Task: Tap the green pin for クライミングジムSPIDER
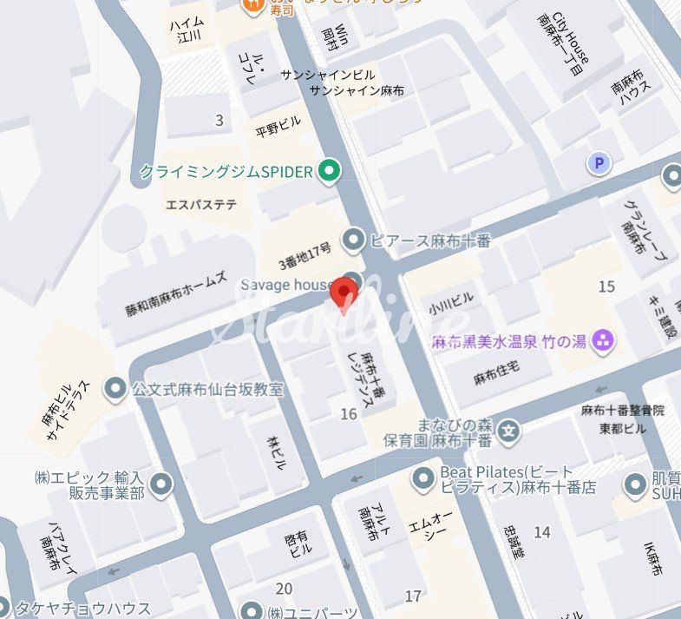[x=328, y=171]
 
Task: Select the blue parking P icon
[x=599, y=162]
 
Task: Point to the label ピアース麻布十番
[x=429, y=240]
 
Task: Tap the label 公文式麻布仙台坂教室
[x=208, y=389]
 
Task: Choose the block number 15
[x=606, y=286]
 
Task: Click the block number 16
[x=349, y=414]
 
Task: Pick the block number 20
[x=284, y=589]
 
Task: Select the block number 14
[x=542, y=532]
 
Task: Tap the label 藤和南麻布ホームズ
[x=176, y=296]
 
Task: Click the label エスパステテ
[x=201, y=205]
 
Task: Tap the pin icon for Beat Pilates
[x=422, y=477]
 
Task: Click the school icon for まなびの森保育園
[x=509, y=429]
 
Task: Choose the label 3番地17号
[x=304, y=256]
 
